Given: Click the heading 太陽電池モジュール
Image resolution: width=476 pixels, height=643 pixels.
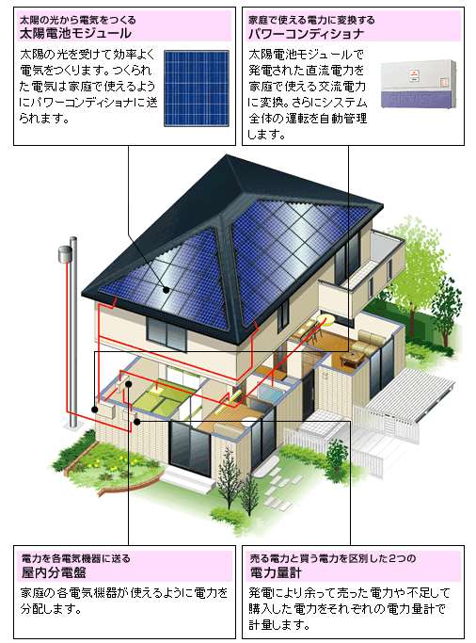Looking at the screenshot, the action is [75, 33].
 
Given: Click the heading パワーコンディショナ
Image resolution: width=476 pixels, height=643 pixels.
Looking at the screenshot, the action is [306, 33].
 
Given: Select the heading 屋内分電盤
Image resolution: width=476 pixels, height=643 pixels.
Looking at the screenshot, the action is [54, 572].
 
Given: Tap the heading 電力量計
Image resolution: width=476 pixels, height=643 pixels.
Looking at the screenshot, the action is [276, 572].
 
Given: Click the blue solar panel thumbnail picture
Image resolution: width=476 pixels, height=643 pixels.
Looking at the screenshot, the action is [197, 88].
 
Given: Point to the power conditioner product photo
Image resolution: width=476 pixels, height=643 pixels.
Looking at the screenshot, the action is [419, 84].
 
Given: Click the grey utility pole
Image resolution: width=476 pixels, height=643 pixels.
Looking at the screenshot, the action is [73, 332].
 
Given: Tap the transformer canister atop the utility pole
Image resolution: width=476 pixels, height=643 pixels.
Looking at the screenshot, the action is [64, 254].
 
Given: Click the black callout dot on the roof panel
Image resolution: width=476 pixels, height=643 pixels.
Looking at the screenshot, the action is [166, 290].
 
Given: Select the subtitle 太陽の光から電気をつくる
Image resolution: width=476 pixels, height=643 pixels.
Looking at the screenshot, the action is [78, 20].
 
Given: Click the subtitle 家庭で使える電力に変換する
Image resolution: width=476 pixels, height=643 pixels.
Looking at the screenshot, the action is [311, 20].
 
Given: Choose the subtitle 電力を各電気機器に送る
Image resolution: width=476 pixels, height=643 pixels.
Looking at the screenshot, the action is [76, 558].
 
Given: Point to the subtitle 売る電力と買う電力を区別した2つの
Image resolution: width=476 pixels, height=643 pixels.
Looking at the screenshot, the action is [333, 558].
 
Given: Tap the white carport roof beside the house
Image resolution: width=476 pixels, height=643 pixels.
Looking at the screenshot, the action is [409, 394].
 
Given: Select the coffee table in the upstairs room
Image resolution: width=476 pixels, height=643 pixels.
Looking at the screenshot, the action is [352, 360].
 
